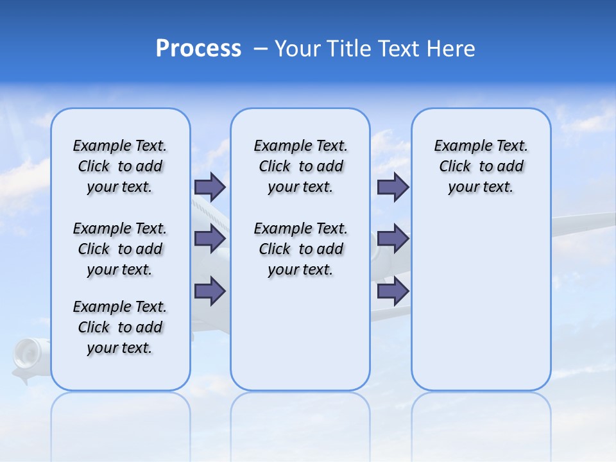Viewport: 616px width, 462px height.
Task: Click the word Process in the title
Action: pos(198,49)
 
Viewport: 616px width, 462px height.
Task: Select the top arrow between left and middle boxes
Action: pos(210,187)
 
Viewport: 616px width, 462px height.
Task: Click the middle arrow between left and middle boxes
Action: pos(210,239)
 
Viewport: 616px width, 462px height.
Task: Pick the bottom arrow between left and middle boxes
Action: pos(210,291)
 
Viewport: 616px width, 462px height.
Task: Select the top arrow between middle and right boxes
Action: pos(393,187)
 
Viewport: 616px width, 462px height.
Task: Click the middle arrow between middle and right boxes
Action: pos(393,239)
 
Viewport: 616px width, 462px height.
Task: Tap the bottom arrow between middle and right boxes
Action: pos(393,291)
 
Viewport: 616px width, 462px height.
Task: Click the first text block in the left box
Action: pos(120,166)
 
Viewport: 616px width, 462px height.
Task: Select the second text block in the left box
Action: pos(120,249)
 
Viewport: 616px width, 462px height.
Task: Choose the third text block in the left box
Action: pos(120,327)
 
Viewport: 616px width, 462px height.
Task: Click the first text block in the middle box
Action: pos(300,166)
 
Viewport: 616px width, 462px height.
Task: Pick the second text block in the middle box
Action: pos(300,249)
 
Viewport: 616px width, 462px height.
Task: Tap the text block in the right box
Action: pos(481,166)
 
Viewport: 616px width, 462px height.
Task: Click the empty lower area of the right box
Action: pos(481,308)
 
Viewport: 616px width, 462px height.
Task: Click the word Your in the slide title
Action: pos(295,49)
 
